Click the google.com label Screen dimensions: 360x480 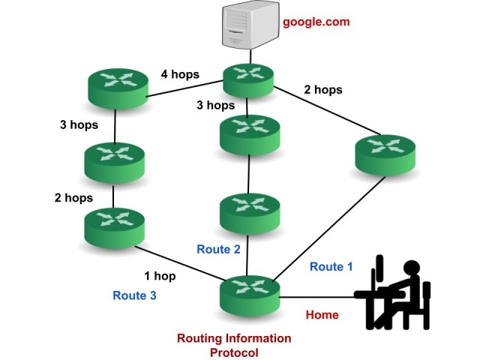point(316,22)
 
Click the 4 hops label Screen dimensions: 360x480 point(179,74)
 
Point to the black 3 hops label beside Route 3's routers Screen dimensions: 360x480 point(79,125)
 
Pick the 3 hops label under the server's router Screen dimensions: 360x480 point(215,105)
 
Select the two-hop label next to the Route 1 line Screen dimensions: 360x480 point(322,90)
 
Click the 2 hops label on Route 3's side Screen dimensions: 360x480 point(73,198)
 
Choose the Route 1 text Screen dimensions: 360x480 point(331,266)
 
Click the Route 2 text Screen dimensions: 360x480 point(218,249)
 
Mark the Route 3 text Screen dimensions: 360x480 point(134,295)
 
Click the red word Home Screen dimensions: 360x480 point(322,315)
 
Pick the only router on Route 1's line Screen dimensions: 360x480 point(383,155)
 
